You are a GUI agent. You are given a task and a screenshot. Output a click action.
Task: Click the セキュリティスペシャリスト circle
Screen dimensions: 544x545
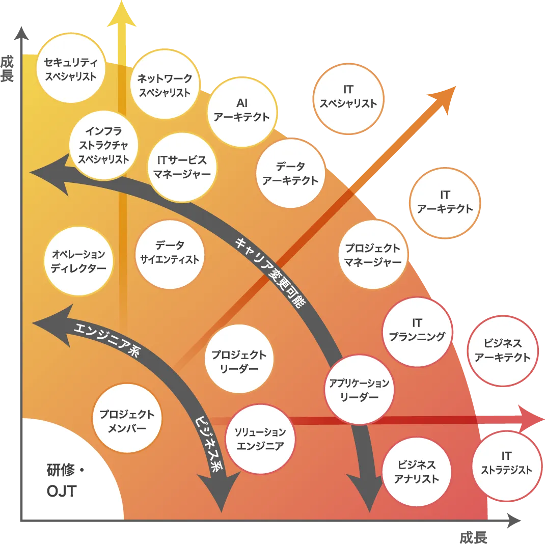(x=70, y=69)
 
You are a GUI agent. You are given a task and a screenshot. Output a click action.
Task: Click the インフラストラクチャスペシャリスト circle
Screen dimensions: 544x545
(x=103, y=145)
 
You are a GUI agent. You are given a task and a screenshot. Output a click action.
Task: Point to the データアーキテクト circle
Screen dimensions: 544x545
(x=290, y=173)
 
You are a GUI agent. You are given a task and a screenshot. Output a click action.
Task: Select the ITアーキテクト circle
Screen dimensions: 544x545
(x=445, y=202)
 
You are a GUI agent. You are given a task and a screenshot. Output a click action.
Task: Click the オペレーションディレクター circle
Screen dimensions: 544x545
(x=78, y=261)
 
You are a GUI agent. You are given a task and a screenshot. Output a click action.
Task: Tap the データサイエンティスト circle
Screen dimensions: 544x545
(x=170, y=253)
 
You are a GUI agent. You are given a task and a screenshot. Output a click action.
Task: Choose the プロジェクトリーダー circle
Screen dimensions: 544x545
(x=238, y=361)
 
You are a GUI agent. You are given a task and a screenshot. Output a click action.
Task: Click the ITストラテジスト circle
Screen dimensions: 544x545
(x=506, y=463)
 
